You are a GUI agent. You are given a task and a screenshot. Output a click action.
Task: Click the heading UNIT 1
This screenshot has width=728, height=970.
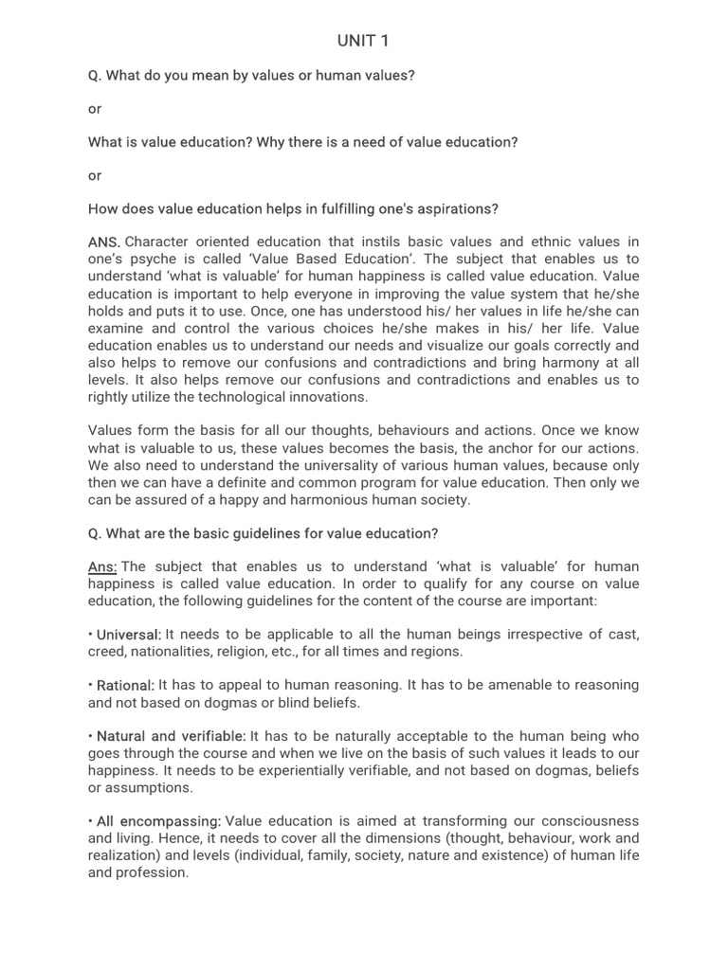[363, 41]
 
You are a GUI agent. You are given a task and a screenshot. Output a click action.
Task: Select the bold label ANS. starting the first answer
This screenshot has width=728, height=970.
[104, 242]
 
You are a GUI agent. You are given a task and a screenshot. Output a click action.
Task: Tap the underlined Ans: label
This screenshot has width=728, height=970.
[102, 566]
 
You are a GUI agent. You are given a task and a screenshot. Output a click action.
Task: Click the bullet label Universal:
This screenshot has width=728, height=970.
[129, 634]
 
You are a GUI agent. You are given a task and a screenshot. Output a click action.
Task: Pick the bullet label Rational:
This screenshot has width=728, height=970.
[125, 685]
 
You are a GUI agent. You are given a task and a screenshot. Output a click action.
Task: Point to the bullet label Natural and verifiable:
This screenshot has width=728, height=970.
[172, 736]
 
